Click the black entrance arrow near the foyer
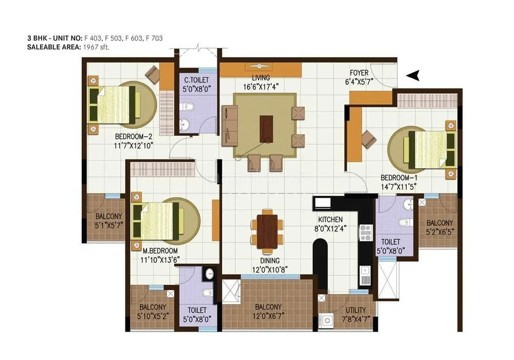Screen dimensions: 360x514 click(413, 76)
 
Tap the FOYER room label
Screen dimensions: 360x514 click(359, 73)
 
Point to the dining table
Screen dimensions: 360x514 click(267, 227)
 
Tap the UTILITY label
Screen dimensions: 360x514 click(356, 310)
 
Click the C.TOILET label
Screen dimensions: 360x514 click(196, 80)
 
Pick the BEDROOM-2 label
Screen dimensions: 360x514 click(134, 137)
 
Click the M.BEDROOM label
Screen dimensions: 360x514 click(160, 250)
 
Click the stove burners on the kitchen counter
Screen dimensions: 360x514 click(365, 233)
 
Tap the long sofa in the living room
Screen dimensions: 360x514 click(229, 125)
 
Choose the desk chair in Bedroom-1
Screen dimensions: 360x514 click(369, 138)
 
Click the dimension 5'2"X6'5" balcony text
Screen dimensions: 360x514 click(439, 231)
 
